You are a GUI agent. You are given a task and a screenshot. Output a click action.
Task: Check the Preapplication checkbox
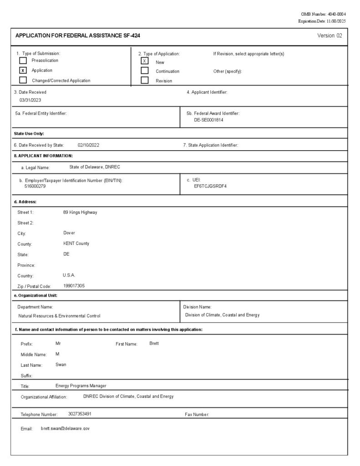[23, 61]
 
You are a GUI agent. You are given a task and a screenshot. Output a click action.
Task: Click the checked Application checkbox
[23, 71]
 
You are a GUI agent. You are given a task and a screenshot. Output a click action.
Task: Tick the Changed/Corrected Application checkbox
[23, 81]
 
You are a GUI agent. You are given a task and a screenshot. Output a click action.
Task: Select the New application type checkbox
[145, 61]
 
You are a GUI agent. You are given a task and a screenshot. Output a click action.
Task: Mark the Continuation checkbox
[145, 71]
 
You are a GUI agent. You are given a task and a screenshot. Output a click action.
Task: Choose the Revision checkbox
[145, 81]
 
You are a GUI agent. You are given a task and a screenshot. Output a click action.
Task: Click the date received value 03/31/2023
[30, 100]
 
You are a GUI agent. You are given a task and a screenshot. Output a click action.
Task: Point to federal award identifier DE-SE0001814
[208, 120]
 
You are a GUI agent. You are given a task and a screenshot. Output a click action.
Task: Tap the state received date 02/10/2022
[88, 145]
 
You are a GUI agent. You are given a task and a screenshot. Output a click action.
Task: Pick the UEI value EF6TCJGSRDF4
[210, 186]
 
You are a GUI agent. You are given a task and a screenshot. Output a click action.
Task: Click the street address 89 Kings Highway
[80, 212]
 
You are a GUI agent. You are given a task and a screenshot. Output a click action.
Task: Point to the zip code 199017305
[74, 286]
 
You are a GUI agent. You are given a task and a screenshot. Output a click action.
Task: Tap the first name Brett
[154, 343]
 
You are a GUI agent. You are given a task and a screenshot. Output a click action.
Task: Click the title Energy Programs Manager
[81, 386]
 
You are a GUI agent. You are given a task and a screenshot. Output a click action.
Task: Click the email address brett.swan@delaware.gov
[65, 429]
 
